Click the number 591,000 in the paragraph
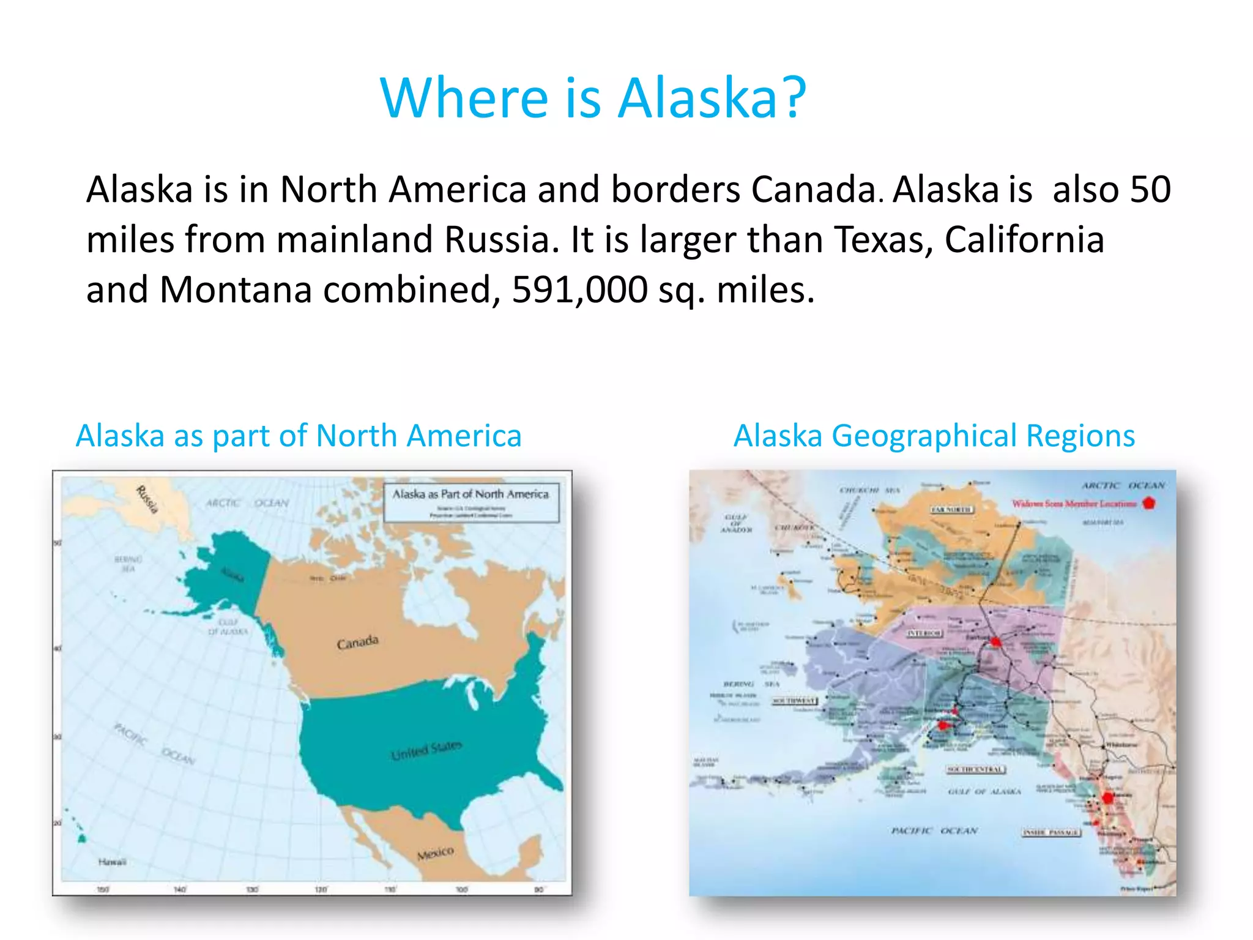tap(579, 289)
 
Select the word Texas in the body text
tap(883, 239)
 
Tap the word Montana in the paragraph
tap(236, 289)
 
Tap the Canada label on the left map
tap(358, 642)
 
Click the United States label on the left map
tap(426, 750)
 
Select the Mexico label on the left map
tap(435, 853)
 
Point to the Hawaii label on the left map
tap(112, 862)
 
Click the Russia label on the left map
tap(147, 499)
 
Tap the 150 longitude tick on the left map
tap(103, 889)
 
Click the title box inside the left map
tap(471, 502)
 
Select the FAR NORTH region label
tap(951, 509)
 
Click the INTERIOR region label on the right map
tap(924, 633)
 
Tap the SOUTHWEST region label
tap(794, 701)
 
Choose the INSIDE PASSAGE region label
tap(1051, 832)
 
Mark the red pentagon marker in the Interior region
tap(995, 641)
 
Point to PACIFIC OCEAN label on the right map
tap(934, 830)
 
